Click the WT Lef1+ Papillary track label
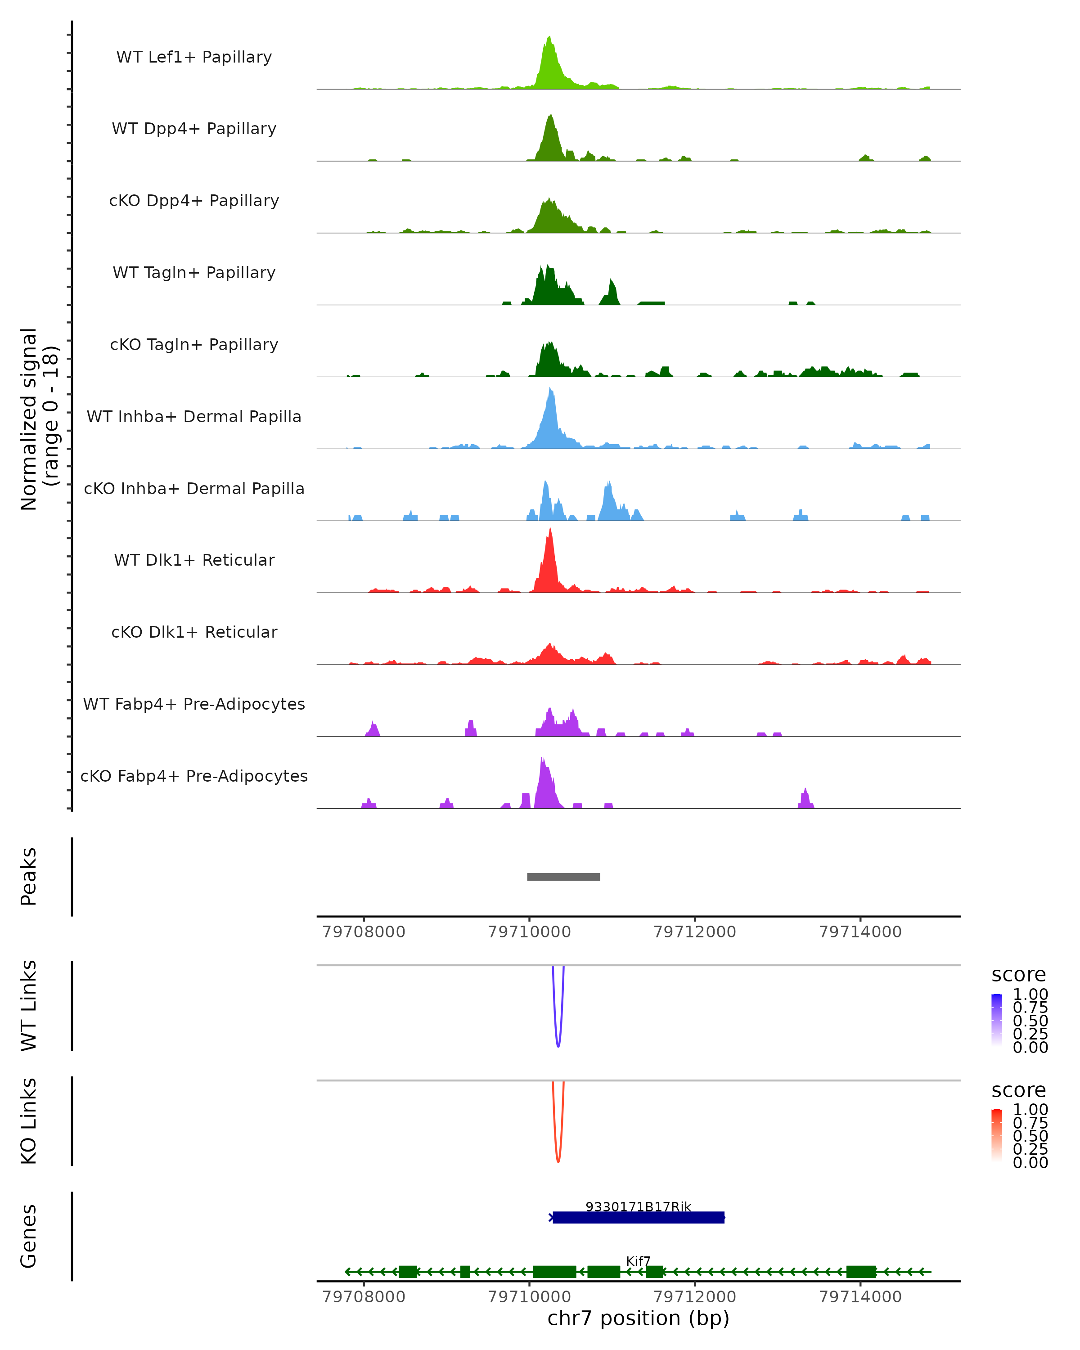pyautogui.click(x=194, y=57)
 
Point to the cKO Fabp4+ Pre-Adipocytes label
pyautogui.click(x=194, y=776)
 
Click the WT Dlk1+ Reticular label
pyautogui.click(x=194, y=560)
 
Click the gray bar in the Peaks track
pyautogui.click(x=563, y=877)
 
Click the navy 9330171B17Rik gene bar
pyautogui.click(x=639, y=1218)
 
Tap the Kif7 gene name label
pyautogui.click(x=639, y=1260)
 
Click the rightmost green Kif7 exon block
pyautogui.click(x=861, y=1272)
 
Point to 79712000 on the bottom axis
pyautogui.click(x=694, y=1297)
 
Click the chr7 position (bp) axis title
pyautogui.click(x=639, y=1318)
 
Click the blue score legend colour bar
pyautogui.click(x=997, y=1019)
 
